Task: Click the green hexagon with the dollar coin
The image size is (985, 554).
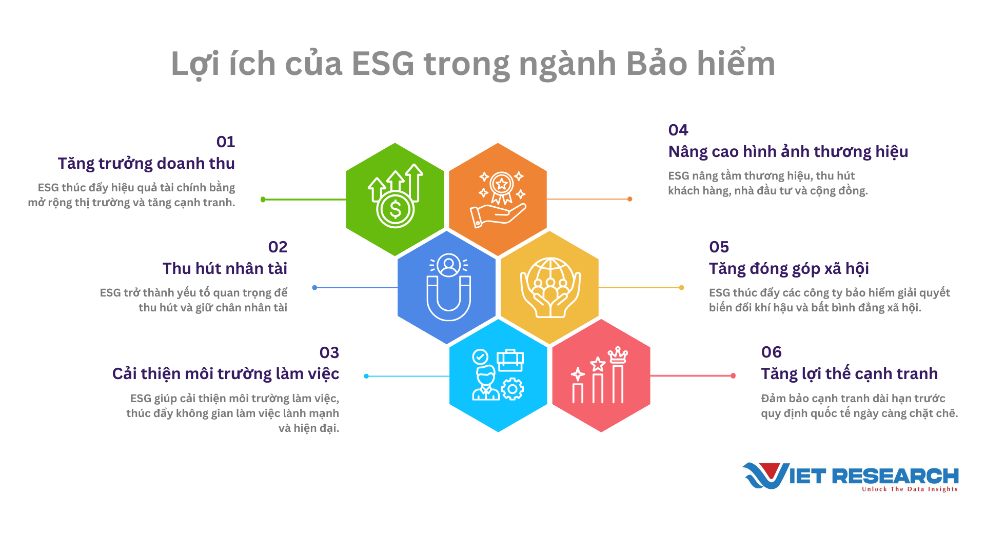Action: tap(395, 200)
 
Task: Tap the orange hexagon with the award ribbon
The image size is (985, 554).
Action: tap(498, 200)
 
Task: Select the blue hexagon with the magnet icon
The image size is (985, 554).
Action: tap(447, 288)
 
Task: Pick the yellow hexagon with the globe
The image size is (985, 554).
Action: tap(549, 288)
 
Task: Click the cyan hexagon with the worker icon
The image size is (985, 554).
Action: tap(498, 376)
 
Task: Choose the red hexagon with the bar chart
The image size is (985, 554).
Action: tap(601, 376)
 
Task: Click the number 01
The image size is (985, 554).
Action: tap(226, 142)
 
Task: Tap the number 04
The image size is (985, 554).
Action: tap(678, 130)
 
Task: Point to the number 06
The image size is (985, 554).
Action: tap(772, 352)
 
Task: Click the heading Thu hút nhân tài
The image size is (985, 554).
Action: tap(225, 268)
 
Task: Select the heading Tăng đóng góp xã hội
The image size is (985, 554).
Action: tap(789, 269)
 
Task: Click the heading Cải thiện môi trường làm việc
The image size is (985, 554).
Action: tap(226, 374)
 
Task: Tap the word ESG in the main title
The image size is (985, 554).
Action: tap(383, 64)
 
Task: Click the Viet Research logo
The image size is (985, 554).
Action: tap(850, 477)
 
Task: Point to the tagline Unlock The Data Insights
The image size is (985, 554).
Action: tap(910, 489)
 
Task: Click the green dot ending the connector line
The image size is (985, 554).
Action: tap(263, 200)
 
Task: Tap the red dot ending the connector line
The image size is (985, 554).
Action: tap(733, 376)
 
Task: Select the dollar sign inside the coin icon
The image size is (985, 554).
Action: tap(395, 209)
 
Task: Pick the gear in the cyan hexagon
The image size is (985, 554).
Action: tap(512, 389)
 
